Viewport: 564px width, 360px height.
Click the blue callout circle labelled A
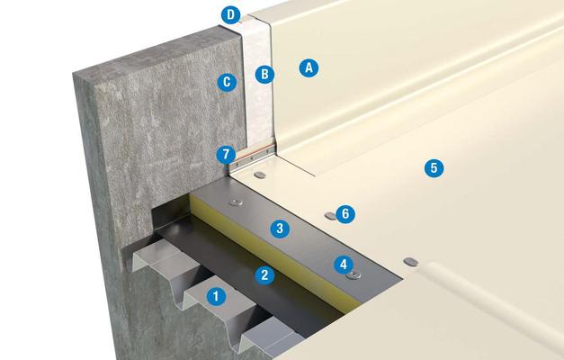[x=309, y=67]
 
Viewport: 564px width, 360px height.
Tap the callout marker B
[x=264, y=74]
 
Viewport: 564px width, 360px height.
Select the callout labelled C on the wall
[x=227, y=82]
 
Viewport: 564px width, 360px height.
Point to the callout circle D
[x=230, y=15]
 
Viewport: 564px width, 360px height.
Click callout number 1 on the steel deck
[x=216, y=296]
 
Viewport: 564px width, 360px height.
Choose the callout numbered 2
[x=264, y=275]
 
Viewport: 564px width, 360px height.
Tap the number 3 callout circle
[x=280, y=229]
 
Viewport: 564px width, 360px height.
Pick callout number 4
[x=344, y=265]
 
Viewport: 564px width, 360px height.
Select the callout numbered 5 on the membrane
[x=434, y=167]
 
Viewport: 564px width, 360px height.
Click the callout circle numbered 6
[x=345, y=214]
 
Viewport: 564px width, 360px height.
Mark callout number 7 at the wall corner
[x=226, y=155]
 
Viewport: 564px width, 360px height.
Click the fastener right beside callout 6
[x=330, y=216]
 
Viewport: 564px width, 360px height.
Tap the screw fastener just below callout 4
[x=354, y=276]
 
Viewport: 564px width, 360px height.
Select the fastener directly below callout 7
[x=260, y=175]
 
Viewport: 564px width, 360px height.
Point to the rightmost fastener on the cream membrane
[x=410, y=262]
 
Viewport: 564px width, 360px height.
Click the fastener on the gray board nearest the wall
[x=236, y=202]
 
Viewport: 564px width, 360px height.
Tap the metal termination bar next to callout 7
[x=252, y=158]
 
